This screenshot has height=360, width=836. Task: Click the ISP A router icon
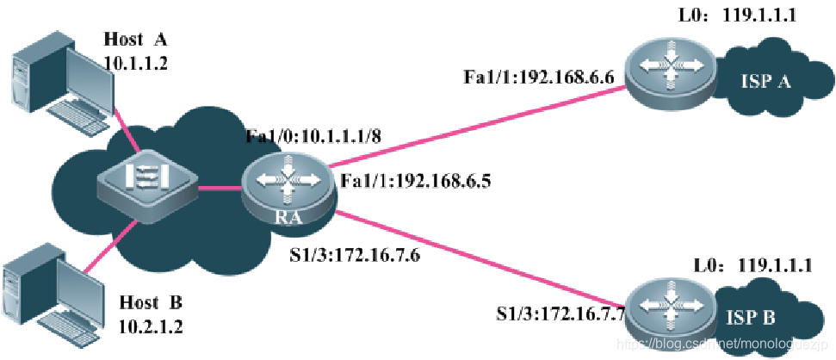[669, 69]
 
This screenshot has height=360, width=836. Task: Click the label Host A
[136, 39]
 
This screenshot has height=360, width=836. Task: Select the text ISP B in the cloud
[751, 318]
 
